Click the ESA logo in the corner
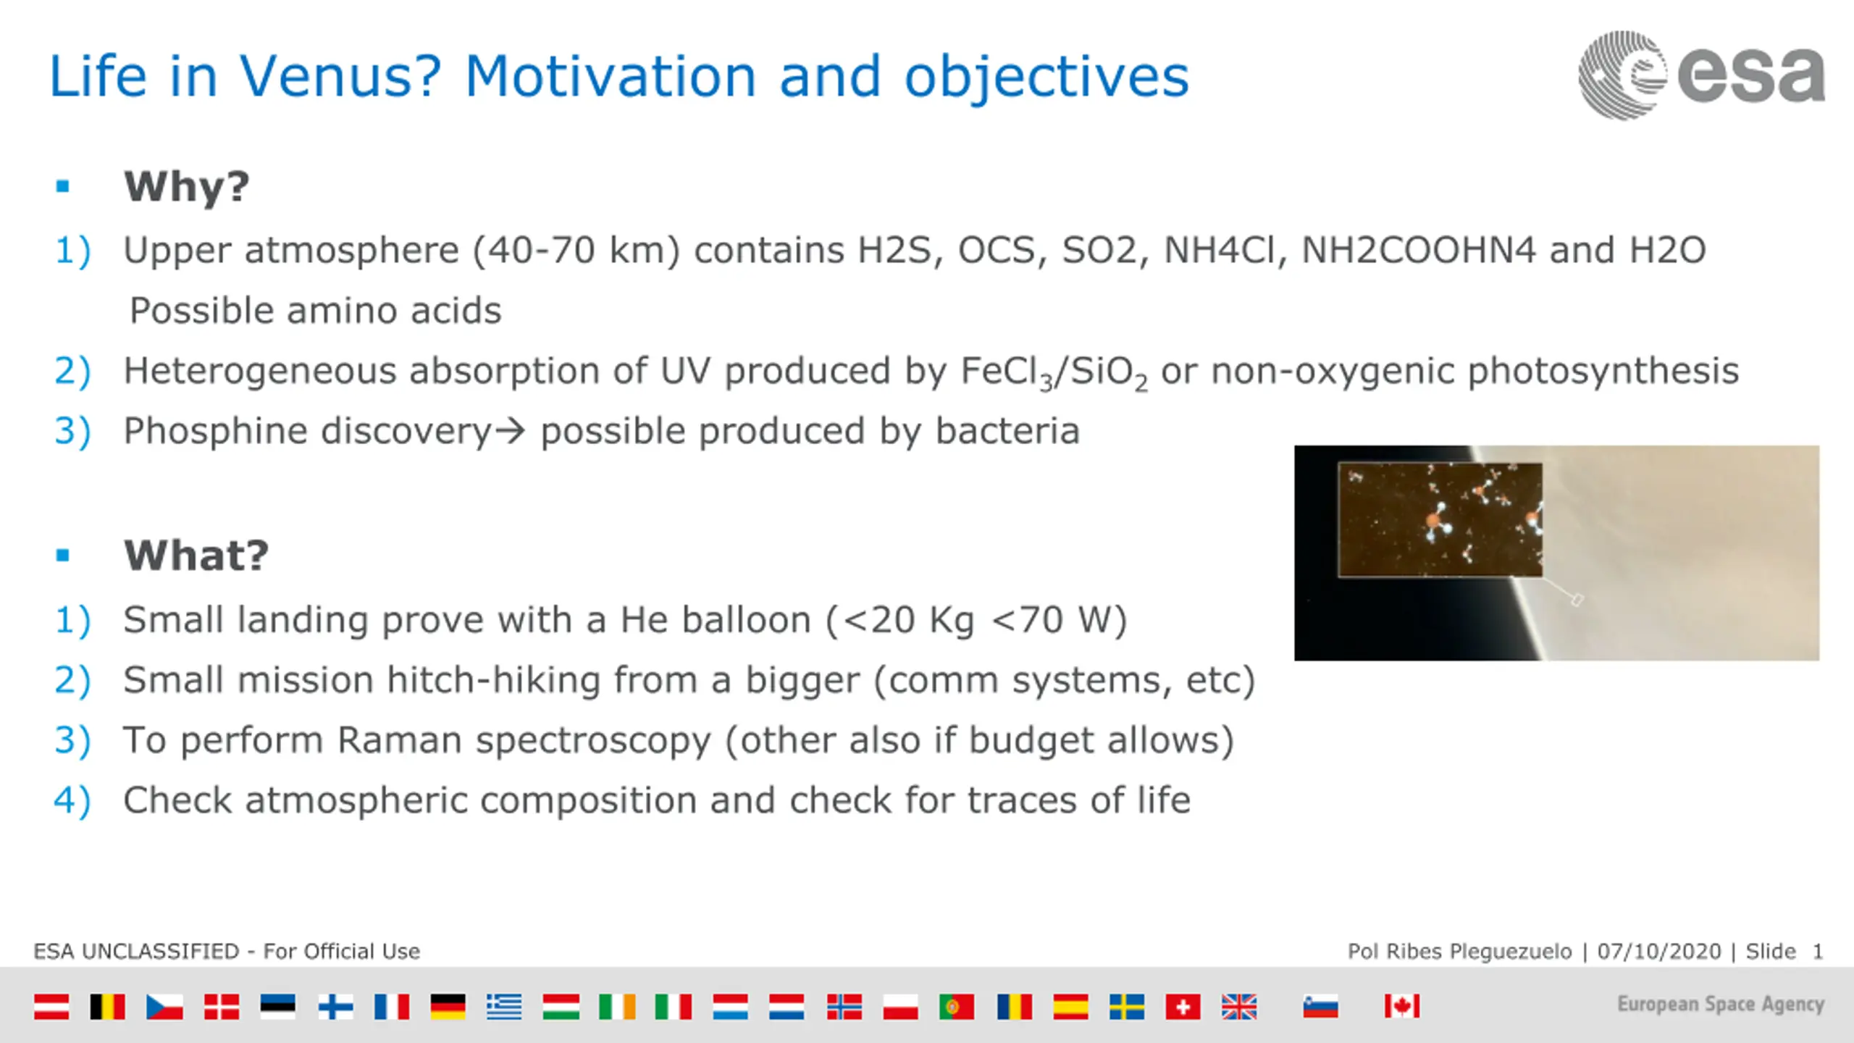1701,75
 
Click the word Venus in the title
340,76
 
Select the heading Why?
187,187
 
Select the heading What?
196,556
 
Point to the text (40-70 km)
576,251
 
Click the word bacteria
1007,431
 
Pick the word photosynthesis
1603,372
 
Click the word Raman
399,740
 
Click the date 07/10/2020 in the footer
1659,951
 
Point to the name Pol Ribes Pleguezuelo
1460,951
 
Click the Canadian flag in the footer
1402,1006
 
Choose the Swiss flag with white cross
1183,1006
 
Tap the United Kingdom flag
1239,1006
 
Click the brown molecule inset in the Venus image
1440,520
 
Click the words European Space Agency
1721,1005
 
